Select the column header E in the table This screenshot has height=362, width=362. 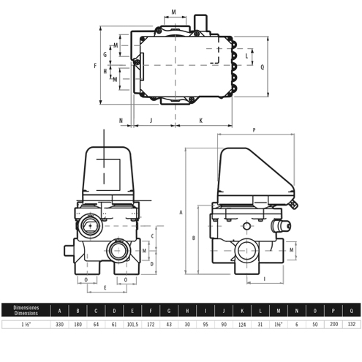click(133, 309)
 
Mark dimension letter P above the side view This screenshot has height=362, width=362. click(253, 130)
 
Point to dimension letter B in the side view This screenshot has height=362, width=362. click(192, 238)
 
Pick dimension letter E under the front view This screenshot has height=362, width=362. click(105, 290)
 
